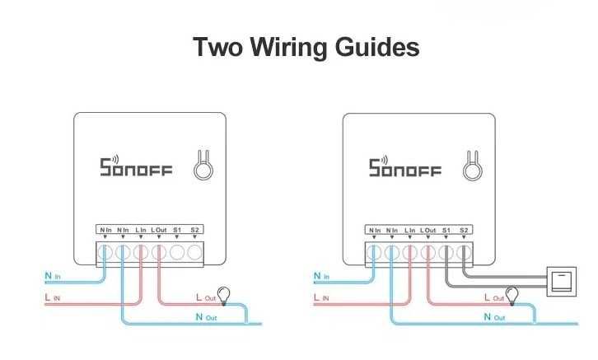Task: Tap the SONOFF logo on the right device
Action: tap(404, 167)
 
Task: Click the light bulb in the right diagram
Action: tap(512, 292)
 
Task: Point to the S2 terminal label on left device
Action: tap(195, 229)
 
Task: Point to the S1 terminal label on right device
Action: tap(446, 229)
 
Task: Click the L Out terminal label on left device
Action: tap(160, 229)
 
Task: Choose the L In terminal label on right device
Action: tap(410, 229)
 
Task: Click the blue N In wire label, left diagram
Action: tap(50, 275)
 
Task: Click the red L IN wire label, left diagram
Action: tap(50, 297)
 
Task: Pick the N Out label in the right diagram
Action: tap(494, 316)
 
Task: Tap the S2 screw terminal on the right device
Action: tap(465, 252)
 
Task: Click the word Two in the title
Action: tap(216, 48)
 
